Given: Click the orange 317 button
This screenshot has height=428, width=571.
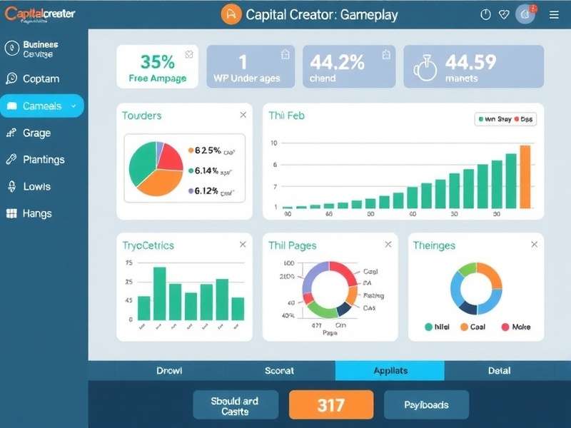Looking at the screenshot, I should [331, 404].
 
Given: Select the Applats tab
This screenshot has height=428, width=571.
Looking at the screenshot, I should [390, 371].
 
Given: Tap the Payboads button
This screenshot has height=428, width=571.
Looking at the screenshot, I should [426, 404].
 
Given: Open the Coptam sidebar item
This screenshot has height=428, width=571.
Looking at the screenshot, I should [41, 79].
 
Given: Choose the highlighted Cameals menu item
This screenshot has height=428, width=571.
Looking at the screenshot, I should [42, 106].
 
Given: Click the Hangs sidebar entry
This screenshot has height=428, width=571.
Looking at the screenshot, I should [36, 213].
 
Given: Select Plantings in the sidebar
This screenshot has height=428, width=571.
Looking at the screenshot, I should [44, 160].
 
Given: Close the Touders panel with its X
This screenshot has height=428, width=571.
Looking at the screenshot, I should [243, 115].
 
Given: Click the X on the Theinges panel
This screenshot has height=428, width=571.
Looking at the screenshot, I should [534, 245].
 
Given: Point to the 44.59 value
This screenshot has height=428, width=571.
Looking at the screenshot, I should [470, 63].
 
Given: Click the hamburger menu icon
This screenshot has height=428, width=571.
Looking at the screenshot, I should [555, 14].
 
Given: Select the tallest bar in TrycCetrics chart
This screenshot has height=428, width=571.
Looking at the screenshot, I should [160, 293].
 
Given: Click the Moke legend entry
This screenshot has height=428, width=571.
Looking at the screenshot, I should [516, 327].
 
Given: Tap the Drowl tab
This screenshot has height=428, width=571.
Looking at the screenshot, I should [169, 371].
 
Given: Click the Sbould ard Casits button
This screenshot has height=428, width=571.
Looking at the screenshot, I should [235, 405].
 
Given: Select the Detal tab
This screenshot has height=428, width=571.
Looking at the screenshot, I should [499, 371].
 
